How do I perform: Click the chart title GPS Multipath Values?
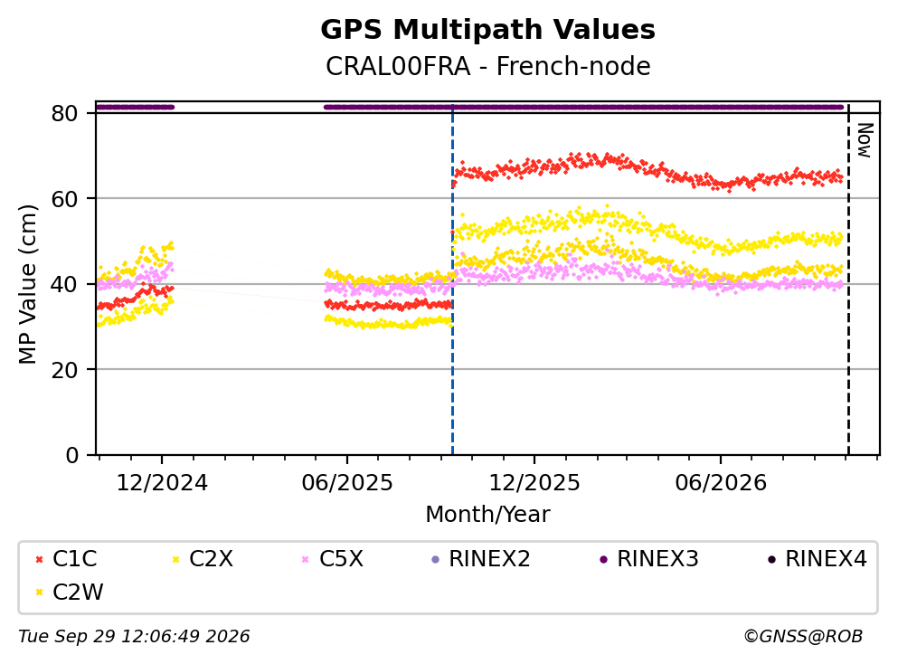pyautogui.click(x=487, y=30)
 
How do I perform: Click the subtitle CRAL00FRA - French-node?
pyautogui.click(x=488, y=66)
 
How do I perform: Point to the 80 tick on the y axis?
pyautogui.click(x=65, y=113)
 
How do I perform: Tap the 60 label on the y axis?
pyautogui.click(x=65, y=199)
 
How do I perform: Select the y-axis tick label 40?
pyautogui.click(x=65, y=284)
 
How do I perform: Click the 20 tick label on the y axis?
pyautogui.click(x=65, y=369)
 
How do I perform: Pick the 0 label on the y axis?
pyautogui.click(x=71, y=455)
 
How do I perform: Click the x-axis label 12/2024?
pyautogui.click(x=162, y=483)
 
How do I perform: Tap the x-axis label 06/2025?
pyautogui.click(x=347, y=483)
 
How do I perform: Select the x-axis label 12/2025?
pyautogui.click(x=534, y=483)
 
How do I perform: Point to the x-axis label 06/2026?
pyautogui.click(x=721, y=483)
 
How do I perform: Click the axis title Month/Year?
pyautogui.click(x=487, y=515)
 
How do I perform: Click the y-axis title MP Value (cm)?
pyautogui.click(x=27, y=284)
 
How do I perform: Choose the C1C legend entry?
pyautogui.click(x=66, y=558)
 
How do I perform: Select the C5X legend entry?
pyautogui.click(x=332, y=558)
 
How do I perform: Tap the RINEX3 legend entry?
pyautogui.click(x=649, y=558)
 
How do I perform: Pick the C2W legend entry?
pyautogui.click(x=69, y=593)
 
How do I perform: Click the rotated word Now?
pyautogui.click(x=865, y=140)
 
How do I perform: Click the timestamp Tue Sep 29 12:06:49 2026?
pyautogui.click(x=134, y=636)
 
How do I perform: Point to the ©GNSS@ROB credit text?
pyautogui.click(x=803, y=636)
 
